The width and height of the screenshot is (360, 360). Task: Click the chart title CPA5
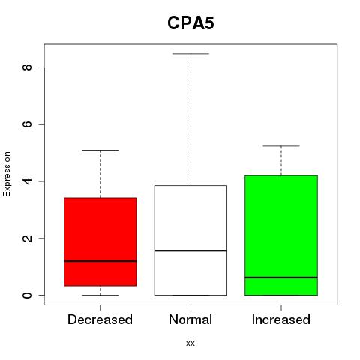(190, 23)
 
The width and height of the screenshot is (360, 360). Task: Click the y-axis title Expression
(7, 174)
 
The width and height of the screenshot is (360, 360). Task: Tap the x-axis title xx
(190, 343)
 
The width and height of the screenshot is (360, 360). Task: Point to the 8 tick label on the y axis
(27, 67)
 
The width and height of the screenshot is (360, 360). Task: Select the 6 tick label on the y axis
(27, 124)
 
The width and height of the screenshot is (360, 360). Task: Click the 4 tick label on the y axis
(27, 181)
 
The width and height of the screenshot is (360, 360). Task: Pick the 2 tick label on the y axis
(27, 238)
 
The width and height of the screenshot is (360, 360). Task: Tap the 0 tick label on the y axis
(27, 295)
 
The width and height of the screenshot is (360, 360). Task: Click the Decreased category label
(100, 319)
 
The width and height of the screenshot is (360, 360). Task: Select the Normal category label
(190, 319)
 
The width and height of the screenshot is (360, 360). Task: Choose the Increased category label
(281, 319)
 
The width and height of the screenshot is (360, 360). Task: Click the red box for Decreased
(100, 241)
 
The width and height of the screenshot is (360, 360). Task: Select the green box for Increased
(281, 235)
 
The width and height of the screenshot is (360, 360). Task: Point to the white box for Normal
(190, 240)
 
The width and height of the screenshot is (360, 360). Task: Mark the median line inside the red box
(100, 261)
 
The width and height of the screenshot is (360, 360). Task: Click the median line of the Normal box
(190, 250)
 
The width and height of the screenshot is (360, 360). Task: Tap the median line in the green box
(281, 277)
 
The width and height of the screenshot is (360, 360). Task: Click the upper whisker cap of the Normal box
(190, 53)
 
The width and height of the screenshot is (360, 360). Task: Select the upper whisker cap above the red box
(100, 150)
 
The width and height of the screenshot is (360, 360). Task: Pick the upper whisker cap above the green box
(281, 145)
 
